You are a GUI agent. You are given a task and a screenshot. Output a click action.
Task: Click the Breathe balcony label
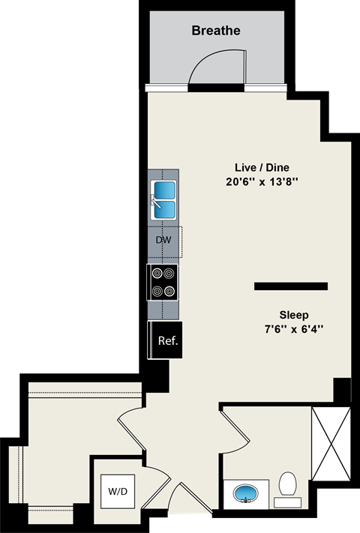point(216,31)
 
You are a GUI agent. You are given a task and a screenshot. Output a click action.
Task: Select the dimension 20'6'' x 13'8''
point(260,182)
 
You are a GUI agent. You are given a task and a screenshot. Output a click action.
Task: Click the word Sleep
point(294,315)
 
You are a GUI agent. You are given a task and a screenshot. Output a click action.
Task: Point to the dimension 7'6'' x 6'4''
point(294,329)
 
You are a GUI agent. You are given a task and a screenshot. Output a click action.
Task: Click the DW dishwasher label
point(163,240)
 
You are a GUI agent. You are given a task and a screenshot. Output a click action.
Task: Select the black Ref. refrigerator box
point(166,340)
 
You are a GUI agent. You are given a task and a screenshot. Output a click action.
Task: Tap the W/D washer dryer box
point(118,493)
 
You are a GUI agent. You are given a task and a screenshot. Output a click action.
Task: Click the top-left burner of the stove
point(156,274)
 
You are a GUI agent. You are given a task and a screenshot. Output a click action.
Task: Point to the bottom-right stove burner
point(170,292)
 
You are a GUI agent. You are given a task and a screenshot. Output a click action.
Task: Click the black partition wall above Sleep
point(291,286)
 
